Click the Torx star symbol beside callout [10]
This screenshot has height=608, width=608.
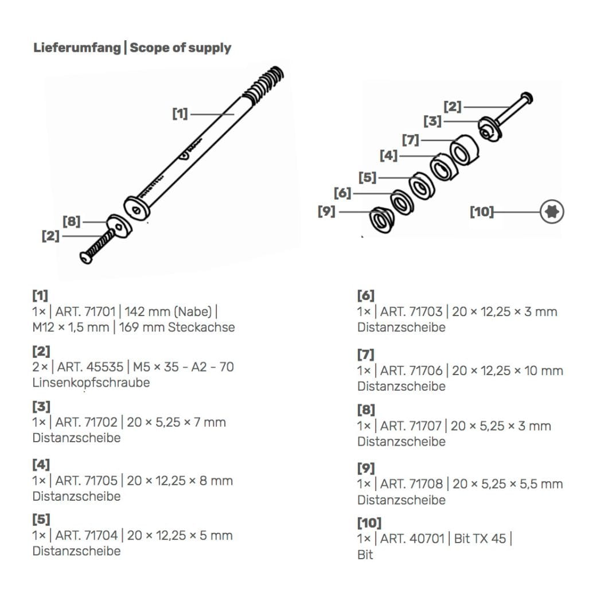click(552, 212)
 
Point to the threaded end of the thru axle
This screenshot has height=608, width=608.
click(267, 82)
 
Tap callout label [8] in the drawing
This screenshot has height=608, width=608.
click(71, 221)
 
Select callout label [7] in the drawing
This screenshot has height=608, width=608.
click(410, 140)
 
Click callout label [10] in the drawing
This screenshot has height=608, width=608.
click(481, 212)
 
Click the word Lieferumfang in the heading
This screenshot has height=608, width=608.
click(76, 48)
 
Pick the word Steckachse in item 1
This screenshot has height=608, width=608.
click(201, 328)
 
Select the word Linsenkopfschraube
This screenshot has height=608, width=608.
click(91, 383)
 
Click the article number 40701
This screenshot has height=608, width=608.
click(425, 539)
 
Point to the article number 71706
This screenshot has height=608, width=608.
click(425, 371)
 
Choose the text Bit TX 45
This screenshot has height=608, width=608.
click(480, 539)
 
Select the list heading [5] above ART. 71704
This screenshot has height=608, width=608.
click(41, 520)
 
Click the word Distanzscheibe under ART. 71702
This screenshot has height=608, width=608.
click(76, 438)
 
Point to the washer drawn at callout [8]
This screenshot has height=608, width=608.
click(119, 226)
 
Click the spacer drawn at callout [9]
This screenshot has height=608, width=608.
click(380, 220)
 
